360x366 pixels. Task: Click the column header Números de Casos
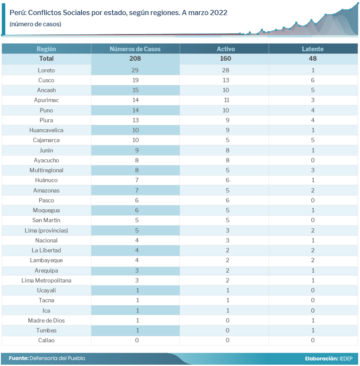135,49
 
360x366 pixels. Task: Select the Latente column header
313,49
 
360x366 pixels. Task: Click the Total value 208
135,59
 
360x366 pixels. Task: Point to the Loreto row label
46,70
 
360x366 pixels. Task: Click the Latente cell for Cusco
313,80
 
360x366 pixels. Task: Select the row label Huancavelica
46,130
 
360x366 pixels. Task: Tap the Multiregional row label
46,170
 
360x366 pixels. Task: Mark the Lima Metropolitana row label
46,280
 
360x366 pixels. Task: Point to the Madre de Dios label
46,320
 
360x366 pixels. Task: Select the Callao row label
46,340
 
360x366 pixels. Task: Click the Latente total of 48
313,59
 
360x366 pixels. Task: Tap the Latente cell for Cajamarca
313,140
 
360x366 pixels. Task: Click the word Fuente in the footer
19,358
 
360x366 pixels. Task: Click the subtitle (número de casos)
35,24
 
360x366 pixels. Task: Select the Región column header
46,49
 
